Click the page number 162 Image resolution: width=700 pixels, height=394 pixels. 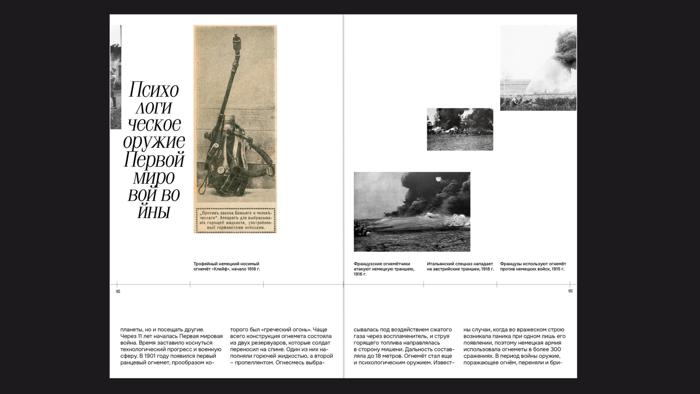point(118,292)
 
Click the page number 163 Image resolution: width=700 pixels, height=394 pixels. point(570,291)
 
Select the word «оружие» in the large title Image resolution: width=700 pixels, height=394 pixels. point(154,142)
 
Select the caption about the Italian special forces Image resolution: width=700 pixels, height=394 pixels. point(460,267)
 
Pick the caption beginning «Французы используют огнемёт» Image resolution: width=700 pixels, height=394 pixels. point(533,267)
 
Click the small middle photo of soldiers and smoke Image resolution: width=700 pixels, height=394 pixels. point(460,129)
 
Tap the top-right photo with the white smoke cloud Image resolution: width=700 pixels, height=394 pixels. point(538,68)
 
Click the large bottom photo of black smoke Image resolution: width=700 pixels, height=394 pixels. point(412,211)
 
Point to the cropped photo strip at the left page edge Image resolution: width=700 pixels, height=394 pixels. point(115,77)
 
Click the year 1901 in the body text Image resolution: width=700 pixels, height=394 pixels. point(150,356)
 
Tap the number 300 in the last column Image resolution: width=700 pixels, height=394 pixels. point(556,349)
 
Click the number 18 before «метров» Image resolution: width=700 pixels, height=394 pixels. point(378,356)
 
